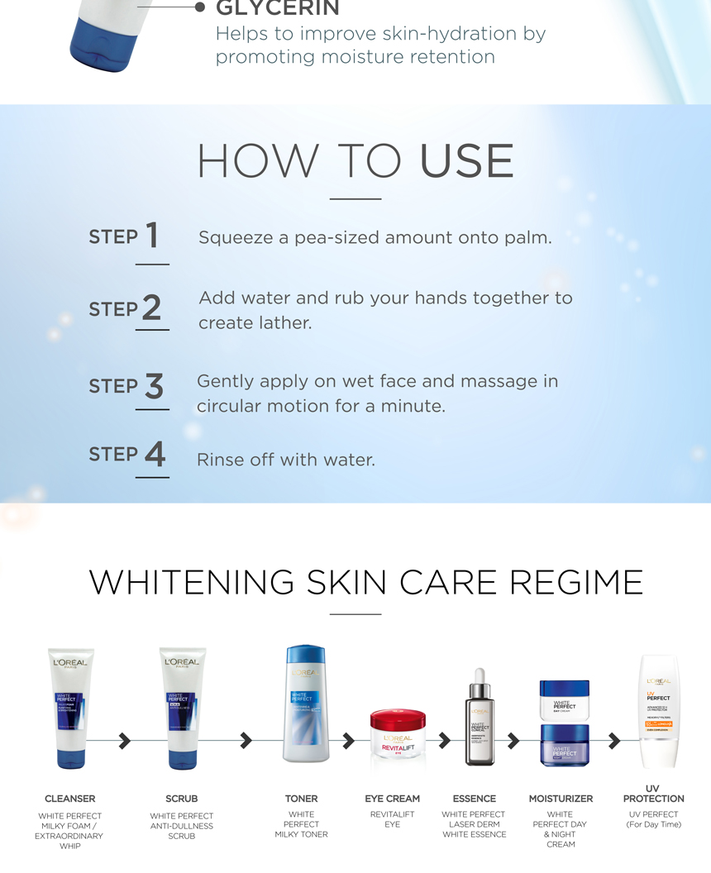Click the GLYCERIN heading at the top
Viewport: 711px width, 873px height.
point(277,8)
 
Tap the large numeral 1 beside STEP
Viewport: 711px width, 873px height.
point(151,236)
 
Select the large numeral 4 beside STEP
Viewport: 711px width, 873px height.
point(155,454)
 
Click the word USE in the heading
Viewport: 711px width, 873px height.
point(466,161)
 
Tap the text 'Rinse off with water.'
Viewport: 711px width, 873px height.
point(285,460)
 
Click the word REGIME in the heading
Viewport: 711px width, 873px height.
point(576,582)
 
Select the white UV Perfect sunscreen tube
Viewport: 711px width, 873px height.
point(658,711)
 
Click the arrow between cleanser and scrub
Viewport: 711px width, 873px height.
point(125,741)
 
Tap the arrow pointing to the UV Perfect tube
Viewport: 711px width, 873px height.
point(613,741)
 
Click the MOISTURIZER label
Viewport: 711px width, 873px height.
point(561,799)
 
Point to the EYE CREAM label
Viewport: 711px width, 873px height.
point(392,799)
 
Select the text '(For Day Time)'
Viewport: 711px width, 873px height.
point(653,824)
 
